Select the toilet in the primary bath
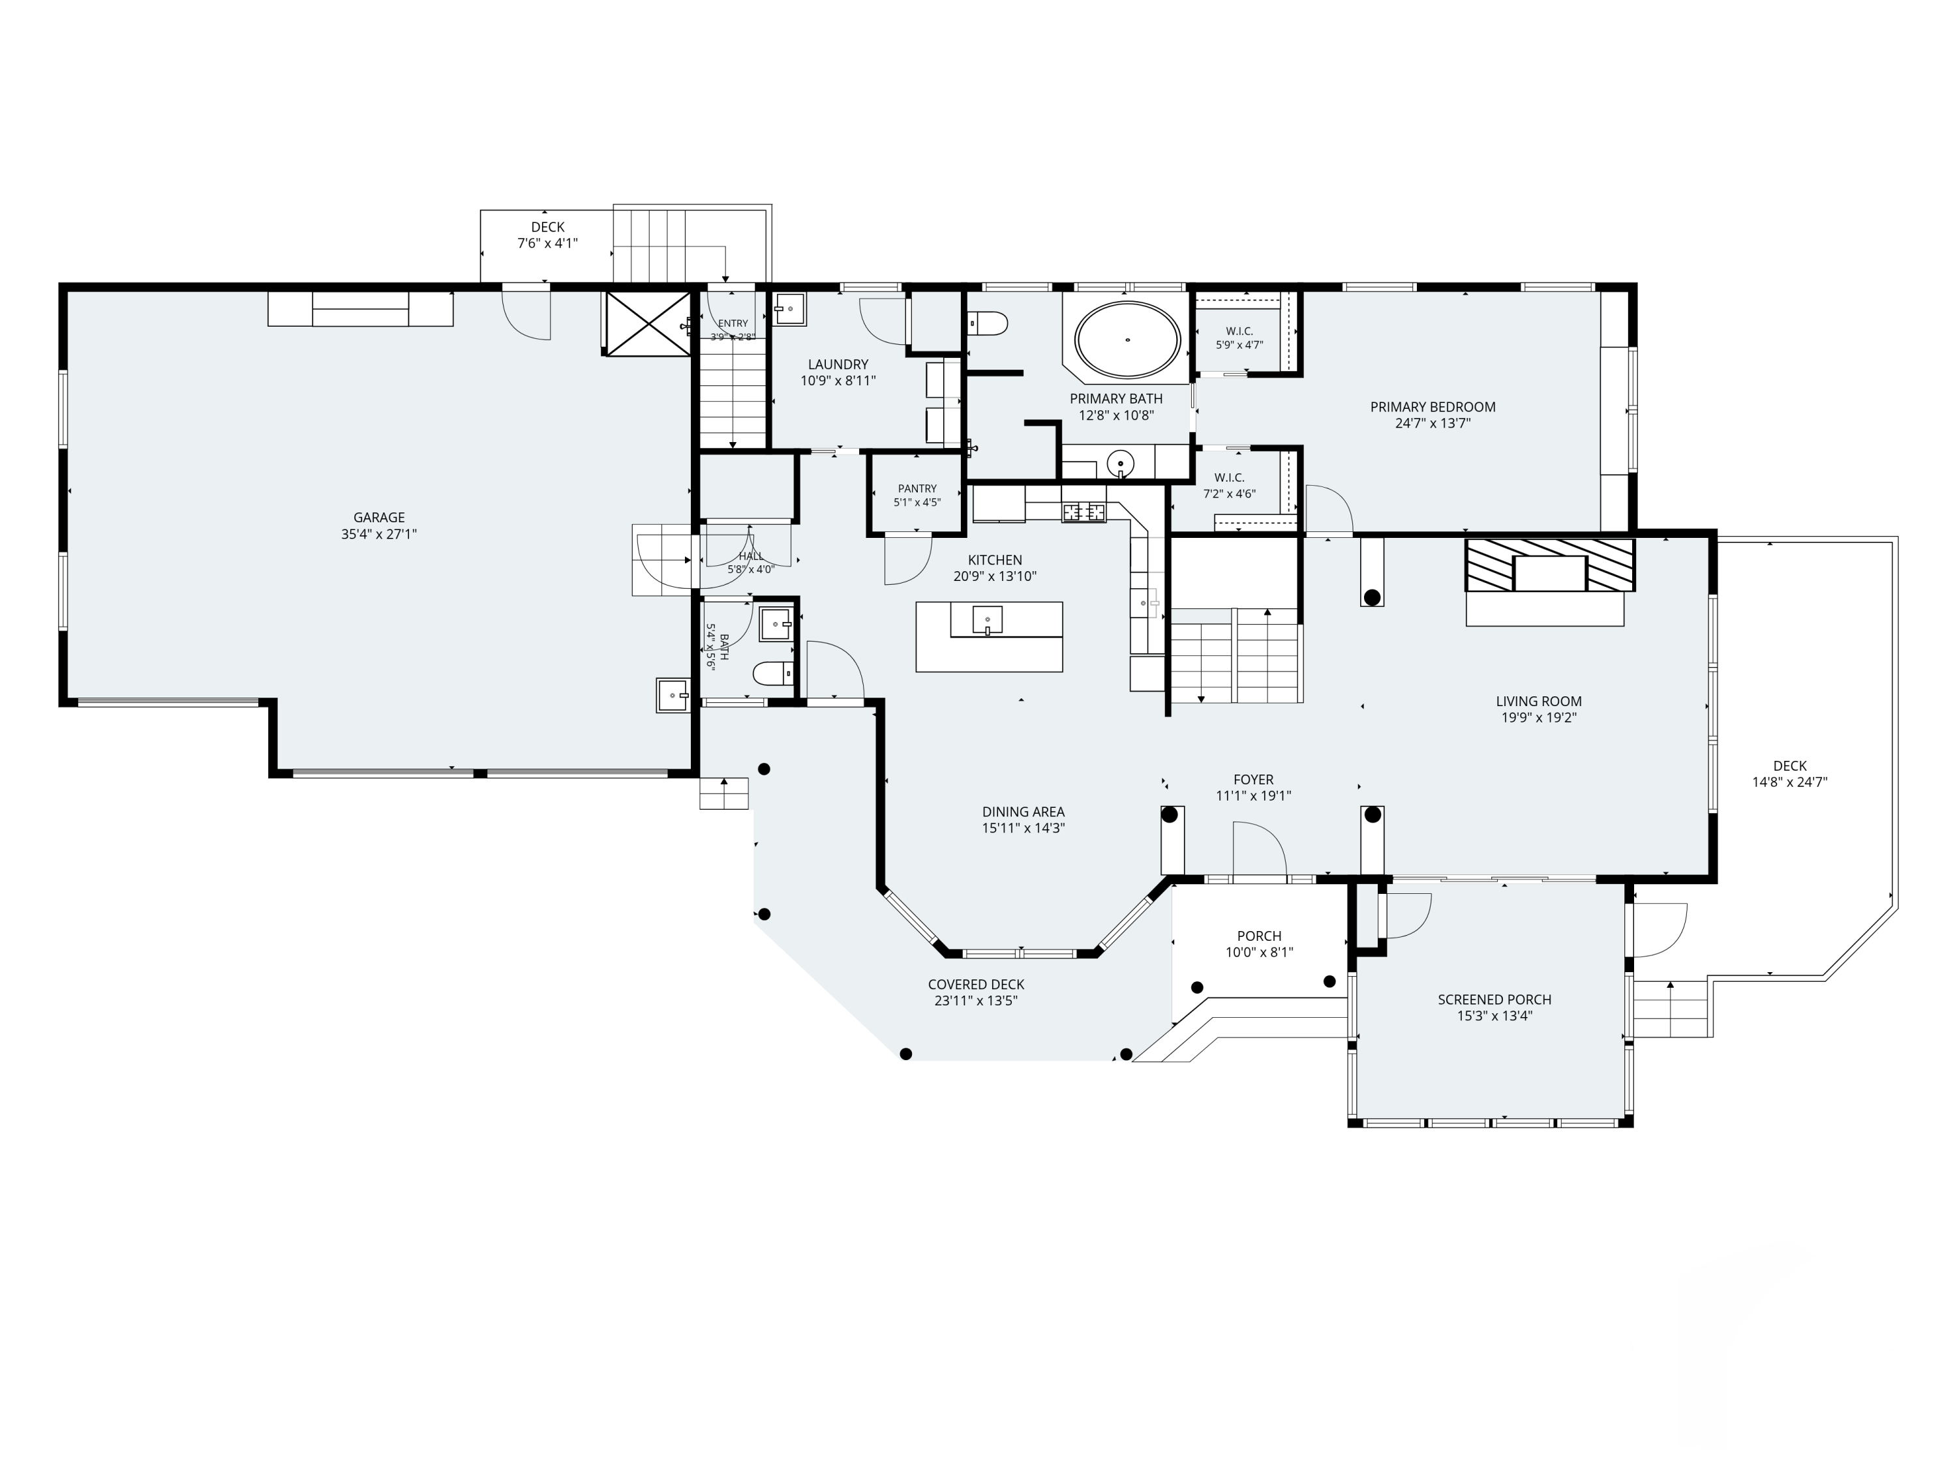pos(988,323)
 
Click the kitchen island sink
pos(988,620)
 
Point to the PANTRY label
pos(917,488)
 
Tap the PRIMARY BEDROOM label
pos(1433,407)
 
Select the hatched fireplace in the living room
pos(1550,565)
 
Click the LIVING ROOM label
pos(1538,701)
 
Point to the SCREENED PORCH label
pos(1494,1000)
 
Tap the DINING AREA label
pos(1024,812)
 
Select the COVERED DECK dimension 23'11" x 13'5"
pos(976,1001)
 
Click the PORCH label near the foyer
pos(1259,936)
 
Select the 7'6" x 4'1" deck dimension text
pos(548,243)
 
